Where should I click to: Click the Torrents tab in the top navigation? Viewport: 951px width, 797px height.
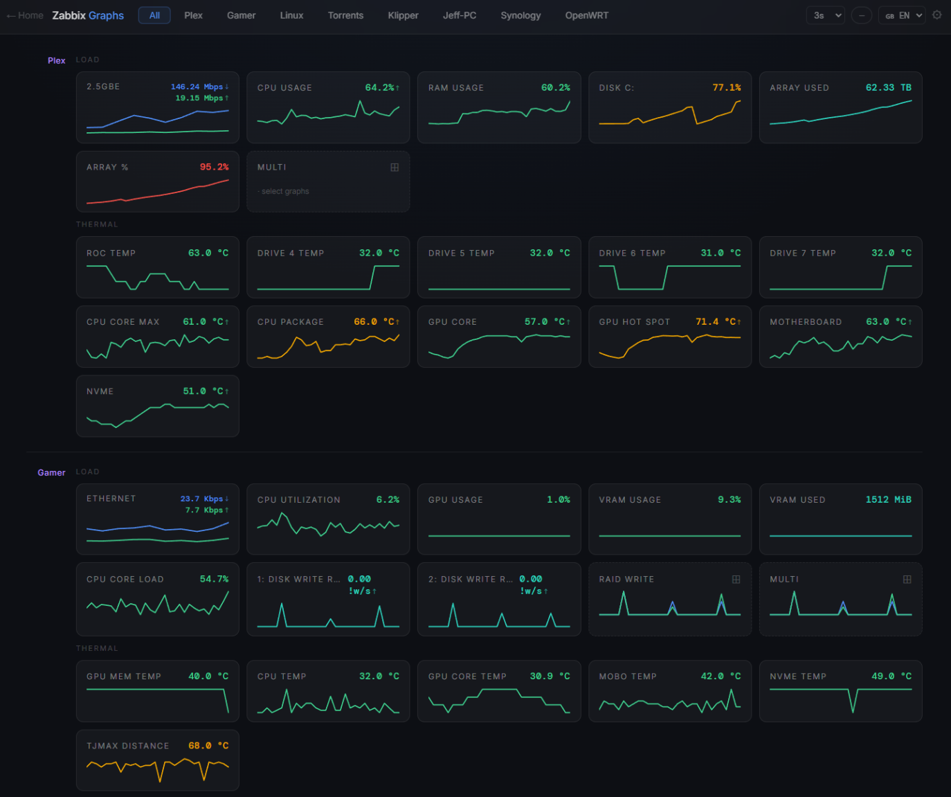click(x=345, y=15)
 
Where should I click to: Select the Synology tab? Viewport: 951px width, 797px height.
click(x=520, y=15)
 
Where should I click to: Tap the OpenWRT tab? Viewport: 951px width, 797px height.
click(x=587, y=15)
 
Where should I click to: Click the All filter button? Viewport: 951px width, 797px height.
click(x=154, y=15)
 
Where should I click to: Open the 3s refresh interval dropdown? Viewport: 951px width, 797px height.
click(x=825, y=15)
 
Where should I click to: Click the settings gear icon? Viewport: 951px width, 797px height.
click(x=937, y=15)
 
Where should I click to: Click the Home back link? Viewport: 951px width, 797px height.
click(x=25, y=15)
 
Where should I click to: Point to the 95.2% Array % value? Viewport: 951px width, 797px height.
click(x=214, y=167)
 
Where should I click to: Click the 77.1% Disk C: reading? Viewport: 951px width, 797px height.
click(x=727, y=87)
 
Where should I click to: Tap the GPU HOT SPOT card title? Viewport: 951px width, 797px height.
click(x=635, y=322)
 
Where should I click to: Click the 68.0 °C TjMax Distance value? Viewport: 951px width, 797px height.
click(x=208, y=746)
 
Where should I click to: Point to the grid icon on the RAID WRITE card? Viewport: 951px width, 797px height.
click(x=736, y=579)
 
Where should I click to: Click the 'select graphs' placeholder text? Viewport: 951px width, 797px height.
click(x=285, y=191)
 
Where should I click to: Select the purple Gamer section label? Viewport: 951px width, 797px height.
click(x=51, y=472)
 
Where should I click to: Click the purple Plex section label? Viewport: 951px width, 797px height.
click(x=57, y=61)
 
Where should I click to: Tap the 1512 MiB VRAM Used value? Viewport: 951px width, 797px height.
click(x=888, y=499)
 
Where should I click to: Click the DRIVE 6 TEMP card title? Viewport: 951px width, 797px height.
click(x=632, y=253)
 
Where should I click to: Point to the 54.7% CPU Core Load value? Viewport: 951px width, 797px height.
click(x=214, y=579)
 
